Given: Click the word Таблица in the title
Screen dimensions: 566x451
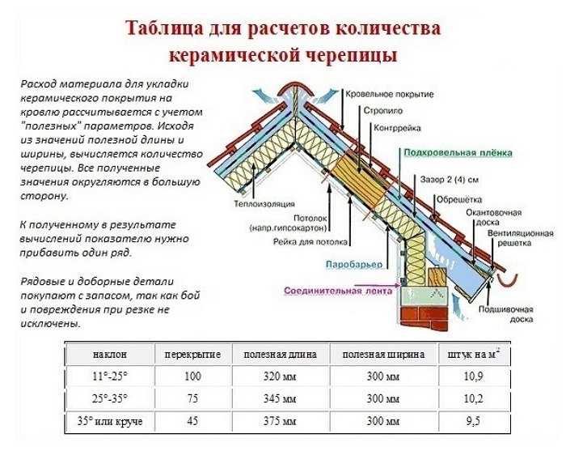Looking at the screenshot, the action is [164, 28].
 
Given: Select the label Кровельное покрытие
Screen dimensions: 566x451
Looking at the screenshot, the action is [390, 94].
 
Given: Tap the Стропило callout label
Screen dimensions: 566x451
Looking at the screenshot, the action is [382, 111].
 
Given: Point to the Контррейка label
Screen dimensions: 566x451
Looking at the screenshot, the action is [397, 128].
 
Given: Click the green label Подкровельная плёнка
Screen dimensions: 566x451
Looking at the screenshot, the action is [458, 152].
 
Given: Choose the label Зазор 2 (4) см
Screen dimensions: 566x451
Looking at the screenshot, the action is [450, 179].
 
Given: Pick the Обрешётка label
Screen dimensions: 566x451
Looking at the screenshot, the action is [459, 199].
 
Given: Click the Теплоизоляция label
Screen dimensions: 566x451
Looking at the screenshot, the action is [264, 204].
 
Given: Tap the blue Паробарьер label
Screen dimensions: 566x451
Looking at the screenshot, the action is [354, 265].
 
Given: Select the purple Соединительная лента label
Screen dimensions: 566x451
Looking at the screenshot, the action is [338, 291].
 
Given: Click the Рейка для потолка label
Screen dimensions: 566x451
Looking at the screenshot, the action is [310, 242].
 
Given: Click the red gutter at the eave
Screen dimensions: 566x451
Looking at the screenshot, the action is [508, 280].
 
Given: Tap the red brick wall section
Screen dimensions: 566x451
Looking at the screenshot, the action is [424, 318].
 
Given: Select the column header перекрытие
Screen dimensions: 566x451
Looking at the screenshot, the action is [192, 354].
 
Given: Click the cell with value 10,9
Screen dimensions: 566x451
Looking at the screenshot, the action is [473, 377].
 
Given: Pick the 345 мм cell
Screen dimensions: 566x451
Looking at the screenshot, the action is [280, 398].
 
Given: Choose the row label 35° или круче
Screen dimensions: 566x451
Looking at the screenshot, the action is [110, 421].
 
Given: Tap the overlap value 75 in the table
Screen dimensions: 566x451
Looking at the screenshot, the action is [192, 398].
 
